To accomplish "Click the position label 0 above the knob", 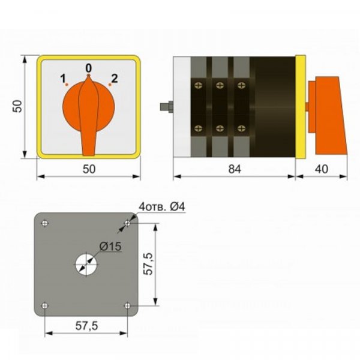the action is point(89,68).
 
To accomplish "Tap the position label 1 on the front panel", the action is point(63,78).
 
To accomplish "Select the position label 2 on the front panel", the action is point(115,78).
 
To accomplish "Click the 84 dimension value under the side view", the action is point(235,169).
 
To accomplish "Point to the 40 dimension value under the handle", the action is point(322,169).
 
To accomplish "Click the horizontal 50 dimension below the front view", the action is point(89,169).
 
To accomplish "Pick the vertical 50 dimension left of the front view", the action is point(17,106).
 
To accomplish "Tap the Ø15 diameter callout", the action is point(110,247).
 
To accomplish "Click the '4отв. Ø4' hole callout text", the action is point(161,207).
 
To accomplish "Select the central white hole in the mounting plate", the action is point(86,265).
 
